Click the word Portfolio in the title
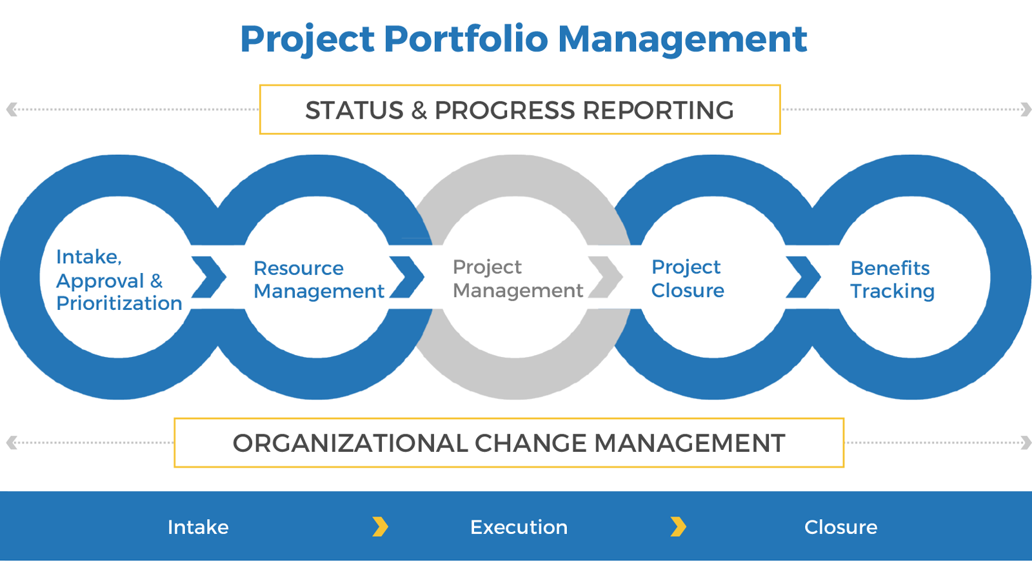pyautogui.click(x=466, y=39)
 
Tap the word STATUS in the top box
pyautogui.click(x=354, y=110)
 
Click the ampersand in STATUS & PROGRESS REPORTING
pyautogui.click(x=419, y=110)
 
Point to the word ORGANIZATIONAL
pyautogui.click(x=350, y=443)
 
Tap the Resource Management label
pyautogui.click(x=319, y=280)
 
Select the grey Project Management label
pyautogui.click(x=517, y=278)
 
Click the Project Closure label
pyautogui.click(x=688, y=278)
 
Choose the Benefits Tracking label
pyautogui.click(x=892, y=280)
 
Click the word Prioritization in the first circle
pyautogui.click(x=119, y=303)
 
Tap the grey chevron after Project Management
pyautogui.click(x=606, y=277)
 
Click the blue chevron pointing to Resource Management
pyautogui.click(x=209, y=277)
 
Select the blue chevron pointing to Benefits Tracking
pyautogui.click(x=803, y=277)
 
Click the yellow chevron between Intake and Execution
pyautogui.click(x=380, y=527)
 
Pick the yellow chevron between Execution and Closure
pyautogui.click(x=678, y=527)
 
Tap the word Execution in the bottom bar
pyautogui.click(x=519, y=527)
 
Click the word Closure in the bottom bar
pyautogui.click(x=841, y=527)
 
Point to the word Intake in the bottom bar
pyautogui.click(x=198, y=527)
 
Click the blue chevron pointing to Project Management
pyautogui.click(x=407, y=277)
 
